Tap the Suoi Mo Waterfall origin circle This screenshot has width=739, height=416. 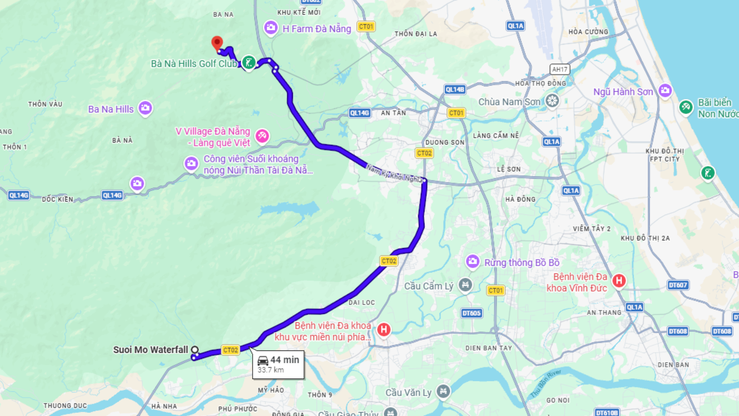(195, 350)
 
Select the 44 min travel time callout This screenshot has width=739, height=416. (278, 364)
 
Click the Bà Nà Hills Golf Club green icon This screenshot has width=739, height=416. (249, 62)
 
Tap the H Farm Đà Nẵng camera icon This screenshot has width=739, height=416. (271, 28)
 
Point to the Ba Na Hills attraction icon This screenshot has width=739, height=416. (145, 108)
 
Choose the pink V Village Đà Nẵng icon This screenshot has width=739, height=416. (262, 136)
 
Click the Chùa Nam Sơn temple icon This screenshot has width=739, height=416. (552, 101)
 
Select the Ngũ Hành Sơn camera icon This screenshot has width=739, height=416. (665, 91)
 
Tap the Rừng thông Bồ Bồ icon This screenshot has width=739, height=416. (473, 262)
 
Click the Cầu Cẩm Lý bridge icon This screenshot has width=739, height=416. (465, 285)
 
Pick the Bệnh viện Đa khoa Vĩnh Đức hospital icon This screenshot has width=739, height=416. (619, 281)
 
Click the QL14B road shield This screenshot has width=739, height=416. (455, 89)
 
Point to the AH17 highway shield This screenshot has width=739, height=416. (560, 69)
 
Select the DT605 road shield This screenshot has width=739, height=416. (471, 313)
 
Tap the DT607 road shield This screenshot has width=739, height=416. (678, 285)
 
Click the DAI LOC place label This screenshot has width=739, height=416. (361, 302)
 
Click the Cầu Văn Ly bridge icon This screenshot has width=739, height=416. (443, 392)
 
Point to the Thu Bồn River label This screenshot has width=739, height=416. (546, 384)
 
